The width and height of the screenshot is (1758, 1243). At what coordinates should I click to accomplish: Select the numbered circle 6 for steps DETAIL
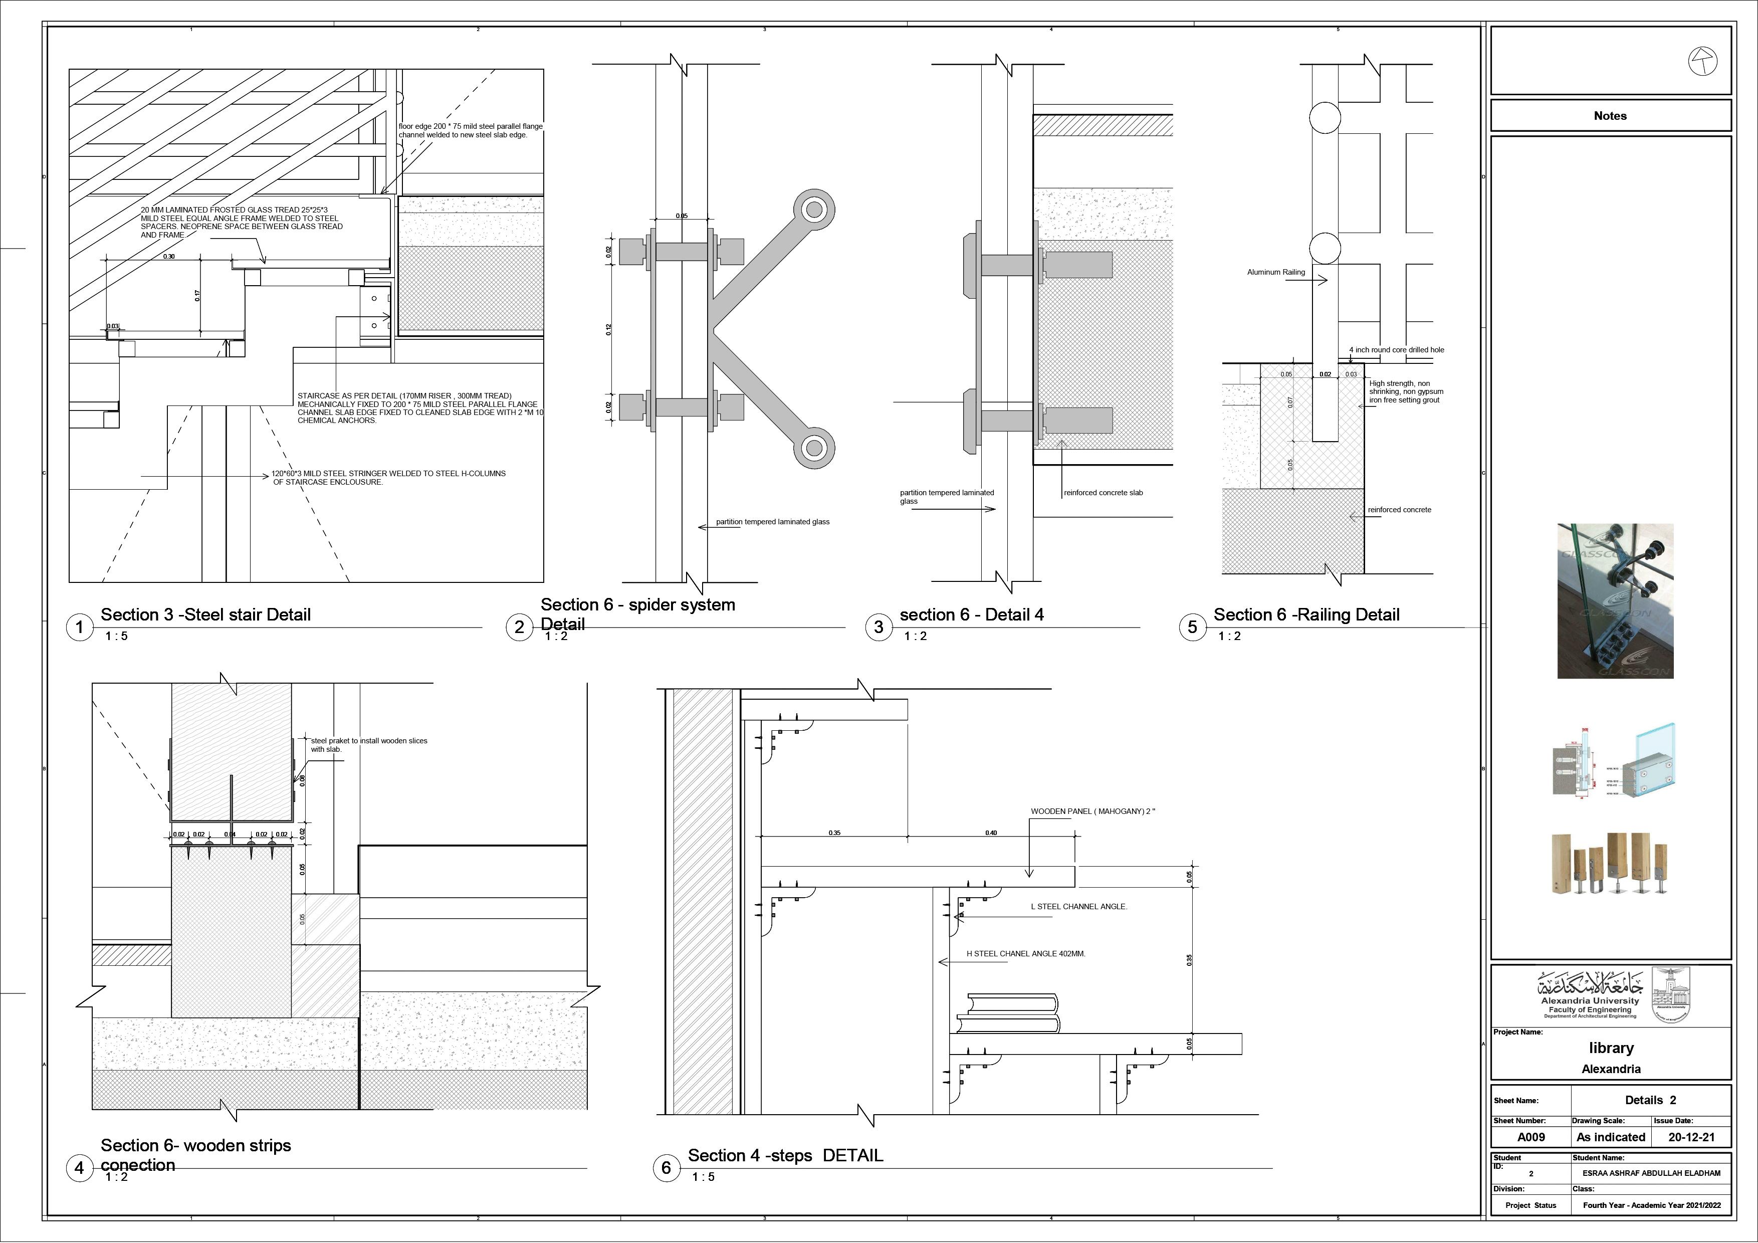pyautogui.click(x=666, y=1168)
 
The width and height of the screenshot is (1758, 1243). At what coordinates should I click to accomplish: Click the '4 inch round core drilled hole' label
pyautogui.click(x=1397, y=350)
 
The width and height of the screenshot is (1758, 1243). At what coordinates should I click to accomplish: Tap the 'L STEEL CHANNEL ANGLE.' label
pyautogui.click(x=1078, y=907)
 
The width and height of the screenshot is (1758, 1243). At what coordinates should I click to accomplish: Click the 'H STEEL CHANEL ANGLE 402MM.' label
pyautogui.click(x=1025, y=954)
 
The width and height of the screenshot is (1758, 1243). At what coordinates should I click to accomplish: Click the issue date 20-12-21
pyautogui.click(x=1691, y=1137)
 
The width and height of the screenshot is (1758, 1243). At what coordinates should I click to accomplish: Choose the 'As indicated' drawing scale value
pyautogui.click(x=1610, y=1137)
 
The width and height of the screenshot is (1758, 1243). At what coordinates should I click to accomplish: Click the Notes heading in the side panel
pyautogui.click(x=1610, y=116)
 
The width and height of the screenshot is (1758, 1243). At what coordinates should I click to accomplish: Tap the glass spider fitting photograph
pyautogui.click(x=1615, y=601)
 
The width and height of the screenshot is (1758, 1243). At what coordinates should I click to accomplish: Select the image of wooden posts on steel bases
pyautogui.click(x=1610, y=863)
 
